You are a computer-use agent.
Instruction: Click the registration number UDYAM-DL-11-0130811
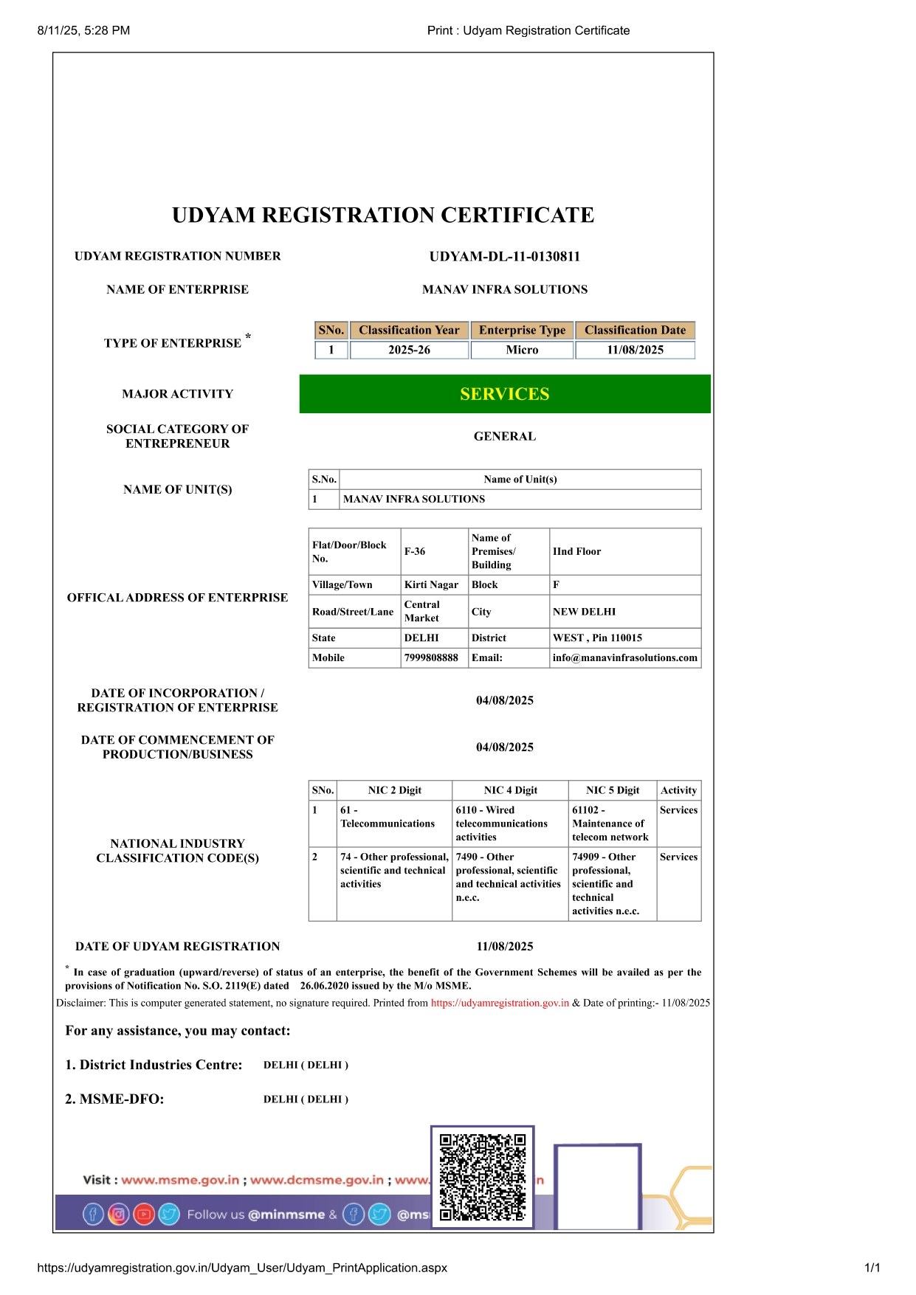(504, 257)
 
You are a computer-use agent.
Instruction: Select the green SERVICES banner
(504, 394)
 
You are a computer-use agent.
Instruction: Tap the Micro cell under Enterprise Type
(522, 350)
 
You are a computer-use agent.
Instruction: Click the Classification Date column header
(635, 330)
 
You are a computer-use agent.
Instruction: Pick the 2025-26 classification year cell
(409, 350)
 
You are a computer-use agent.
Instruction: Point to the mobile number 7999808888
(431, 657)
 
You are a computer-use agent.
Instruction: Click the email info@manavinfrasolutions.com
(624, 657)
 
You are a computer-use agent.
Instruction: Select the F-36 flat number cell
(415, 551)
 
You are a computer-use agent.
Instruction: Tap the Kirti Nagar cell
(431, 584)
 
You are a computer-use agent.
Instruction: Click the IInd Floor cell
(576, 551)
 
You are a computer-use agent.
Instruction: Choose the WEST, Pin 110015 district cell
(597, 638)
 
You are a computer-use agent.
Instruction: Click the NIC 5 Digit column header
(613, 790)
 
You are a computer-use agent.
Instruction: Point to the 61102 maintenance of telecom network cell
(610, 823)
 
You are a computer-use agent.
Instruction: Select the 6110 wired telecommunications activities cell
(502, 823)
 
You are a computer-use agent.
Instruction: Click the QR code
(482, 1178)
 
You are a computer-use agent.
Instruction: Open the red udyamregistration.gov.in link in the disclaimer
(500, 1003)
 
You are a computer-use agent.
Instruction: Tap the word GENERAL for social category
(504, 437)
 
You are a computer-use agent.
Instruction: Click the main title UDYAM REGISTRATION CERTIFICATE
(383, 215)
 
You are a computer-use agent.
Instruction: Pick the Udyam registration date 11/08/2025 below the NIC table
(504, 947)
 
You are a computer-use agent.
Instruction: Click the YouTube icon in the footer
(143, 1214)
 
